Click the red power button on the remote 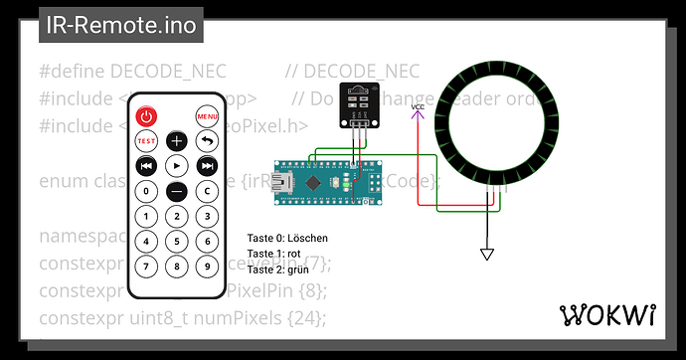[x=146, y=117]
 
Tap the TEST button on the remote [x=146, y=141]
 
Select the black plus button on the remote [x=177, y=141]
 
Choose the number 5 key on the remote [x=177, y=241]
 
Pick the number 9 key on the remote [x=208, y=267]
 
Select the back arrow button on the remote [x=208, y=141]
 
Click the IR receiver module [x=359, y=105]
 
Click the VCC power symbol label [x=418, y=106]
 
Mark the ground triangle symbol [x=486, y=255]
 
